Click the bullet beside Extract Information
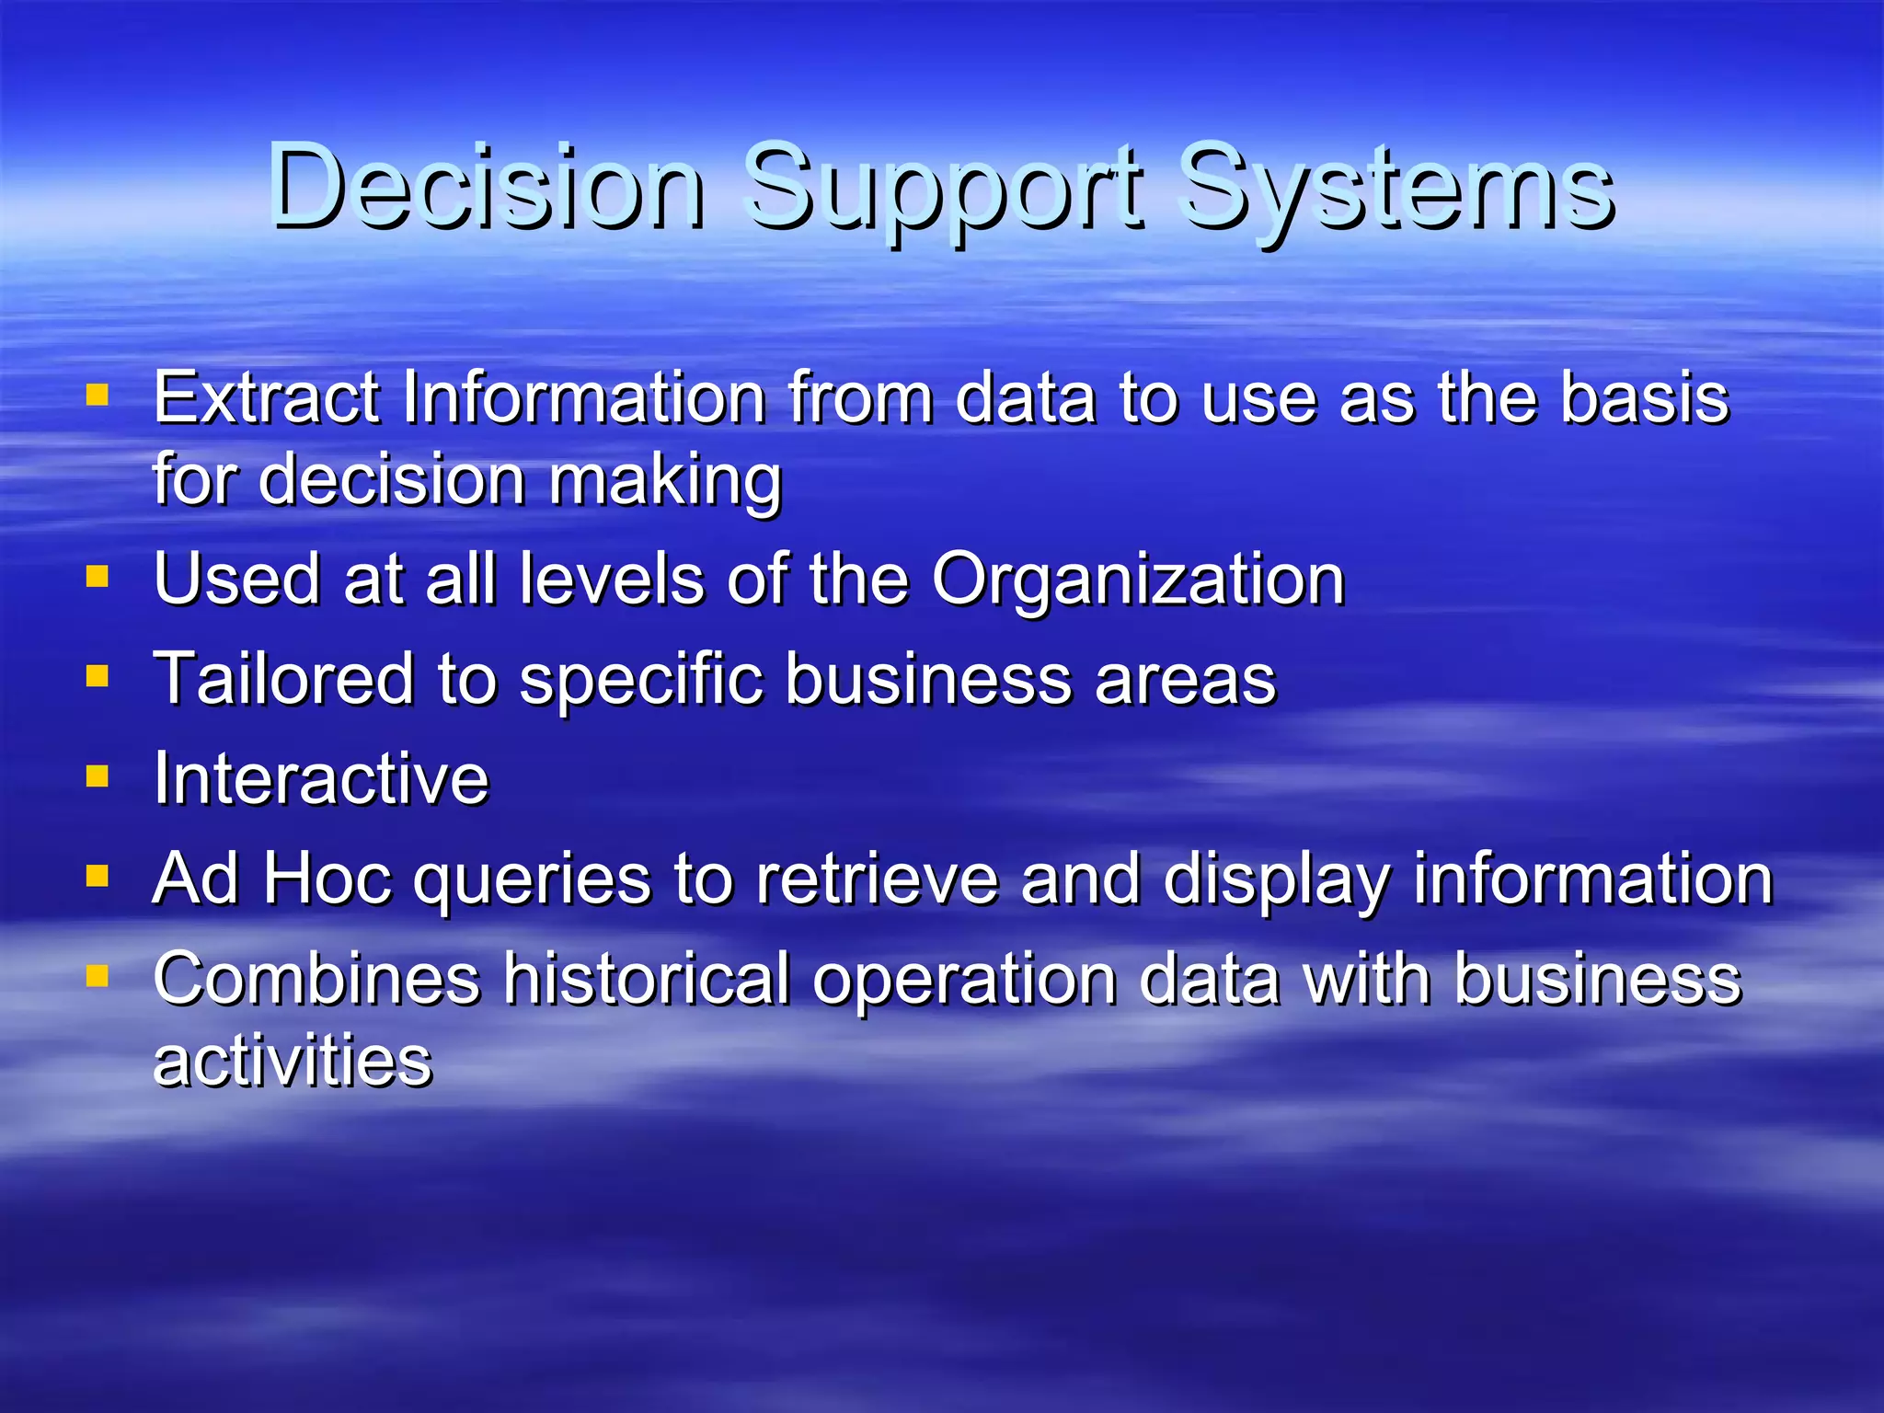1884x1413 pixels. tap(97, 396)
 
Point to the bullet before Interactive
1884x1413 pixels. tap(97, 776)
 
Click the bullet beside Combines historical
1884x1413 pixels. tap(97, 975)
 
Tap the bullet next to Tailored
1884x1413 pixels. tap(97, 677)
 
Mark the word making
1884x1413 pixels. tap(665, 482)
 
